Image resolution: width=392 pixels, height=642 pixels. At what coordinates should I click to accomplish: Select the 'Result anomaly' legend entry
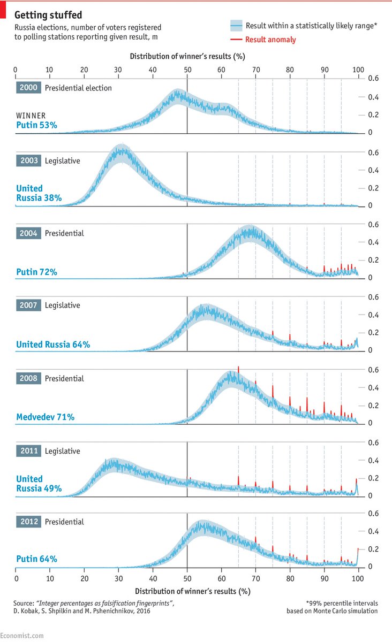coord(270,40)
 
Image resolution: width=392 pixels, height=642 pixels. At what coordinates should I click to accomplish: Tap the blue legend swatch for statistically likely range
coord(236,26)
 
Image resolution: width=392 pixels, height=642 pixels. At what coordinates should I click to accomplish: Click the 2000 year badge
coord(28,88)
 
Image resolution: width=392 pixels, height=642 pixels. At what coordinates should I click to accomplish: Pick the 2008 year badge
coord(28,378)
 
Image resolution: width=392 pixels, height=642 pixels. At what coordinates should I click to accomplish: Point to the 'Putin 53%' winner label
coord(37,125)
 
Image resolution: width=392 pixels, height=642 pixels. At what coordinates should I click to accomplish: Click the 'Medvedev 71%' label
coord(45,417)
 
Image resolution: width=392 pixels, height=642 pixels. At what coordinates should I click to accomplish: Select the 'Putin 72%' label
coord(36,272)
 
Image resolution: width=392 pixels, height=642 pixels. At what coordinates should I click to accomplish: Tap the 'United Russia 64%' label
coord(52,345)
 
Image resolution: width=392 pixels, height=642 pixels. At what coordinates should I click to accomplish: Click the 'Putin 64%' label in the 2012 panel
coord(36,560)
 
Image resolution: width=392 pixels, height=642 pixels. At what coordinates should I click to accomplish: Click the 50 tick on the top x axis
coord(187,69)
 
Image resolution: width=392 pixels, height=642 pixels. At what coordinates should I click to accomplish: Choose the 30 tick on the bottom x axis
coord(118,578)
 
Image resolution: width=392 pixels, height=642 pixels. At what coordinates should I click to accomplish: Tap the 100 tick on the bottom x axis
coord(358,578)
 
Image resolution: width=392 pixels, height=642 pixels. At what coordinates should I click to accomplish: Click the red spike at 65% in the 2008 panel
coord(238,369)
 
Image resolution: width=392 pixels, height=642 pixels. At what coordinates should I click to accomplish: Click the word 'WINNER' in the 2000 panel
coord(31,115)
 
